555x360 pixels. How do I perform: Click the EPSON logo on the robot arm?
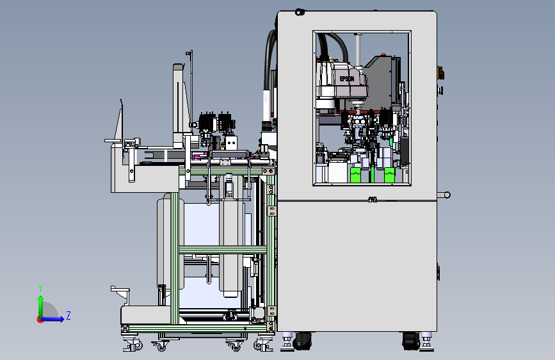pos(347,79)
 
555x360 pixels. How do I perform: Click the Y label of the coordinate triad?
pos(40,288)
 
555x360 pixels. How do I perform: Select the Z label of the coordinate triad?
pos(68,315)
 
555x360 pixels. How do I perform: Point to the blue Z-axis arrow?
pos(52,319)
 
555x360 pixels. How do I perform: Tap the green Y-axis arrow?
pos(41,307)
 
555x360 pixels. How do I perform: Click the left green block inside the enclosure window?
pos(355,175)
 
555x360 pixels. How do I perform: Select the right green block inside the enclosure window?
pos(389,175)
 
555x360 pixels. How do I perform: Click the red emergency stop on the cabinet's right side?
pos(441,73)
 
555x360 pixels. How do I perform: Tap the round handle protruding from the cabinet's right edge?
pos(444,195)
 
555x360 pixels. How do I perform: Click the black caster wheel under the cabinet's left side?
pos(302,341)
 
